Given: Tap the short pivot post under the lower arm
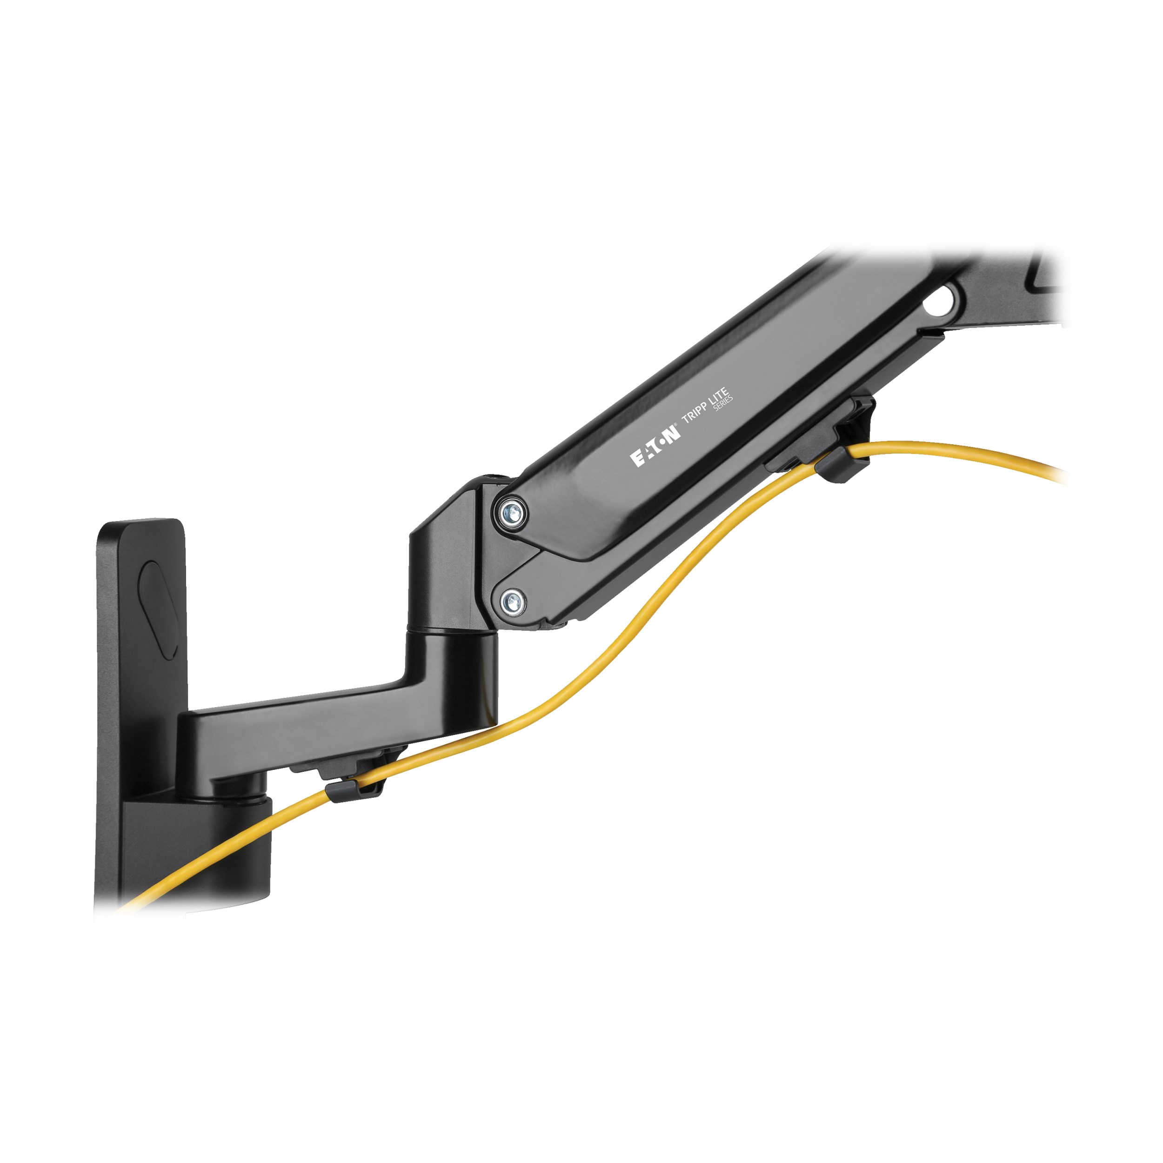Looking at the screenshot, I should pos(241,786).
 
